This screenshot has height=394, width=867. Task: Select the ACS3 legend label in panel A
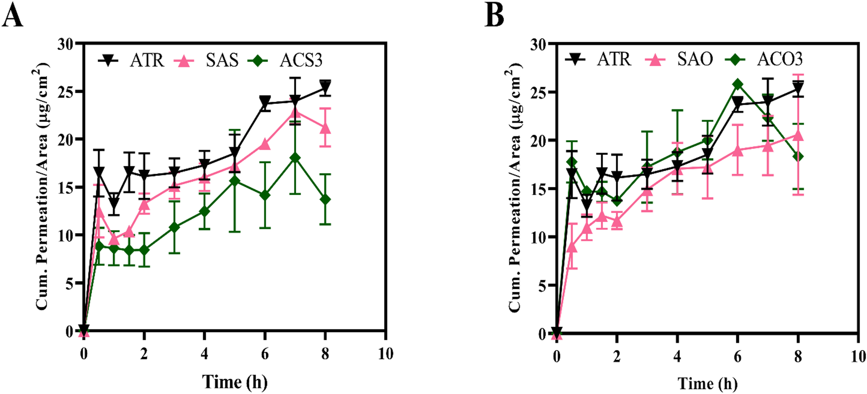301,60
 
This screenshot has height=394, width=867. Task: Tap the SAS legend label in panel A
222,60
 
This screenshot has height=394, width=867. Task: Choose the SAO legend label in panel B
694,59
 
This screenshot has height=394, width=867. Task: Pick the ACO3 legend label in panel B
779,59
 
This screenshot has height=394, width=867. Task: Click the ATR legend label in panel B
614,59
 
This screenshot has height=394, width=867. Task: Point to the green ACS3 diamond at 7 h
295,158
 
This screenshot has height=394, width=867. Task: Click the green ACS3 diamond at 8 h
325,200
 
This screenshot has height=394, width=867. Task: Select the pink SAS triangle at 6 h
265,144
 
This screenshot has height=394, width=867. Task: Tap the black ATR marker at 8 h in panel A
325,86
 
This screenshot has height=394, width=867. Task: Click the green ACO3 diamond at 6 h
738,84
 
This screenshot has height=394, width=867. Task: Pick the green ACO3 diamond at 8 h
798,157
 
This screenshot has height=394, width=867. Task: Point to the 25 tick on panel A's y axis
66,91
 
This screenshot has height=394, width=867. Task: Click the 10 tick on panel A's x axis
386,354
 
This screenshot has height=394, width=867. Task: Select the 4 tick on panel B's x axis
677,356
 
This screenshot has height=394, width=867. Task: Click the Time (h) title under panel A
235,382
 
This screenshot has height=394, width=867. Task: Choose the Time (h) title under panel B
707,383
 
